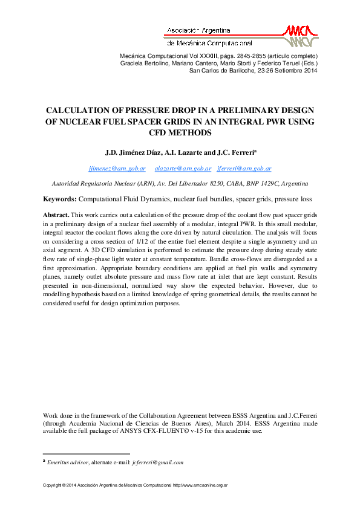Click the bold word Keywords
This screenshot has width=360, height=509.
[59, 199]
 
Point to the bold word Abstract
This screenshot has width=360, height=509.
[56, 215]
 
